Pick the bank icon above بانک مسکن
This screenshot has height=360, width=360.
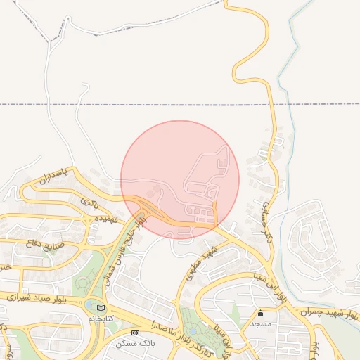(136, 332)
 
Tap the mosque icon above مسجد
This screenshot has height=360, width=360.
(261, 313)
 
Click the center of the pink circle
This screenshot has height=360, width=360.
(180, 179)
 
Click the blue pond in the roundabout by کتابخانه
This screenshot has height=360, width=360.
(93, 304)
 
